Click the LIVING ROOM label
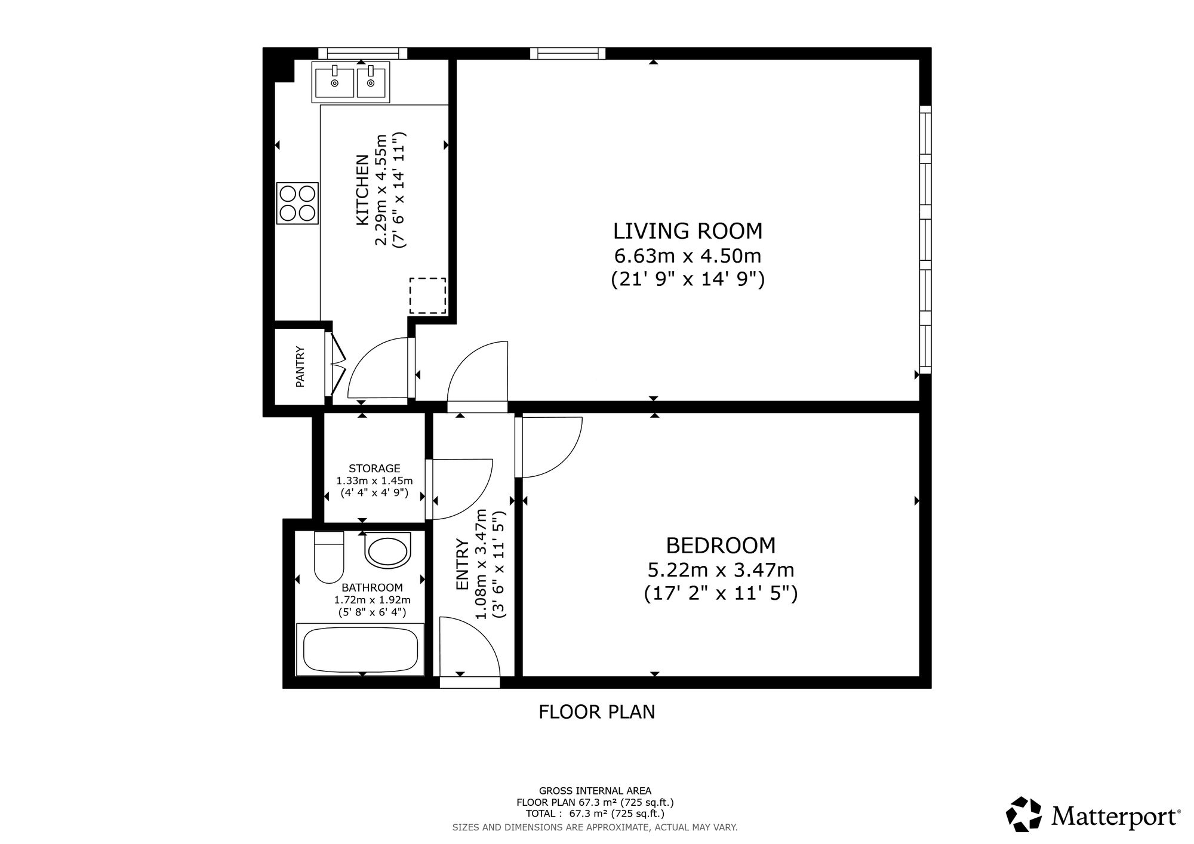tap(688, 230)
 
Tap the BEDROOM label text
tap(721, 545)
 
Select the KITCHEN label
tap(362, 190)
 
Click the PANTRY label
tap(300, 366)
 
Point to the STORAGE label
tap(374, 469)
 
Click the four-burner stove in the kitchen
tap(297, 204)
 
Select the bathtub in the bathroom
tap(361, 649)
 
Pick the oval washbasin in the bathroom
tap(387, 551)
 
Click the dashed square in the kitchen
tap(427, 296)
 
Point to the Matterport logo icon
tap(1024, 815)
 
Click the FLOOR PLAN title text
tap(597, 711)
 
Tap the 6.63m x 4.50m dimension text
tap(688, 255)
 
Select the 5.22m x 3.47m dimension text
tap(721, 570)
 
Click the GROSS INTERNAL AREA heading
tap(595, 791)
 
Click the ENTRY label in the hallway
tap(462, 565)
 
